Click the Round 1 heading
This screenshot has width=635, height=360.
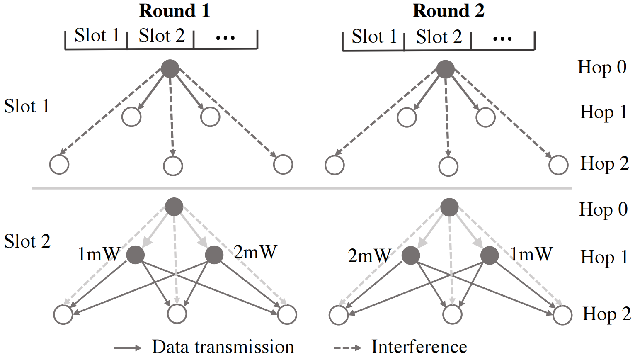click(174, 11)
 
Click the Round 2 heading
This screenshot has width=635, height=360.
click(448, 11)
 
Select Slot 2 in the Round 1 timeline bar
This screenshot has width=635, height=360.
click(161, 36)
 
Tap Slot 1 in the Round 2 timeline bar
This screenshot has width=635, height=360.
click(374, 37)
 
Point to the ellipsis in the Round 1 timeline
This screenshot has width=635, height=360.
click(225, 38)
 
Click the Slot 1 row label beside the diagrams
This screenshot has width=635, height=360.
click(27, 107)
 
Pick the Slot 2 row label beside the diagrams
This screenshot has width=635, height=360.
click(27, 241)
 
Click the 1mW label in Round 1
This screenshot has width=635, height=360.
click(99, 254)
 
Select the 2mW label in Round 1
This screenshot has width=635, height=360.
click(255, 252)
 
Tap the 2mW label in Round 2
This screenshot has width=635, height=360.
click(369, 256)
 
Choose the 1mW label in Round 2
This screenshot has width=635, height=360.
click(531, 254)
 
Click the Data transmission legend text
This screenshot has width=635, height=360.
click(223, 347)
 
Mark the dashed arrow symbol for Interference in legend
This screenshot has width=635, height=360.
click(347, 348)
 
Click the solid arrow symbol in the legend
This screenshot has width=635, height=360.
click(128, 348)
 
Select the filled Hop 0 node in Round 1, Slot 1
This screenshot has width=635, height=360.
click(170, 69)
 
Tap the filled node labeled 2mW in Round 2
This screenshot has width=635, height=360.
click(411, 255)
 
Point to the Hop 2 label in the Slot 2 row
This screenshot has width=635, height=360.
click(606, 314)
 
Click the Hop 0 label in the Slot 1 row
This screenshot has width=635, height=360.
click(602, 67)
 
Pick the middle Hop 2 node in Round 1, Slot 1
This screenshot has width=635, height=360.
click(173, 166)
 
